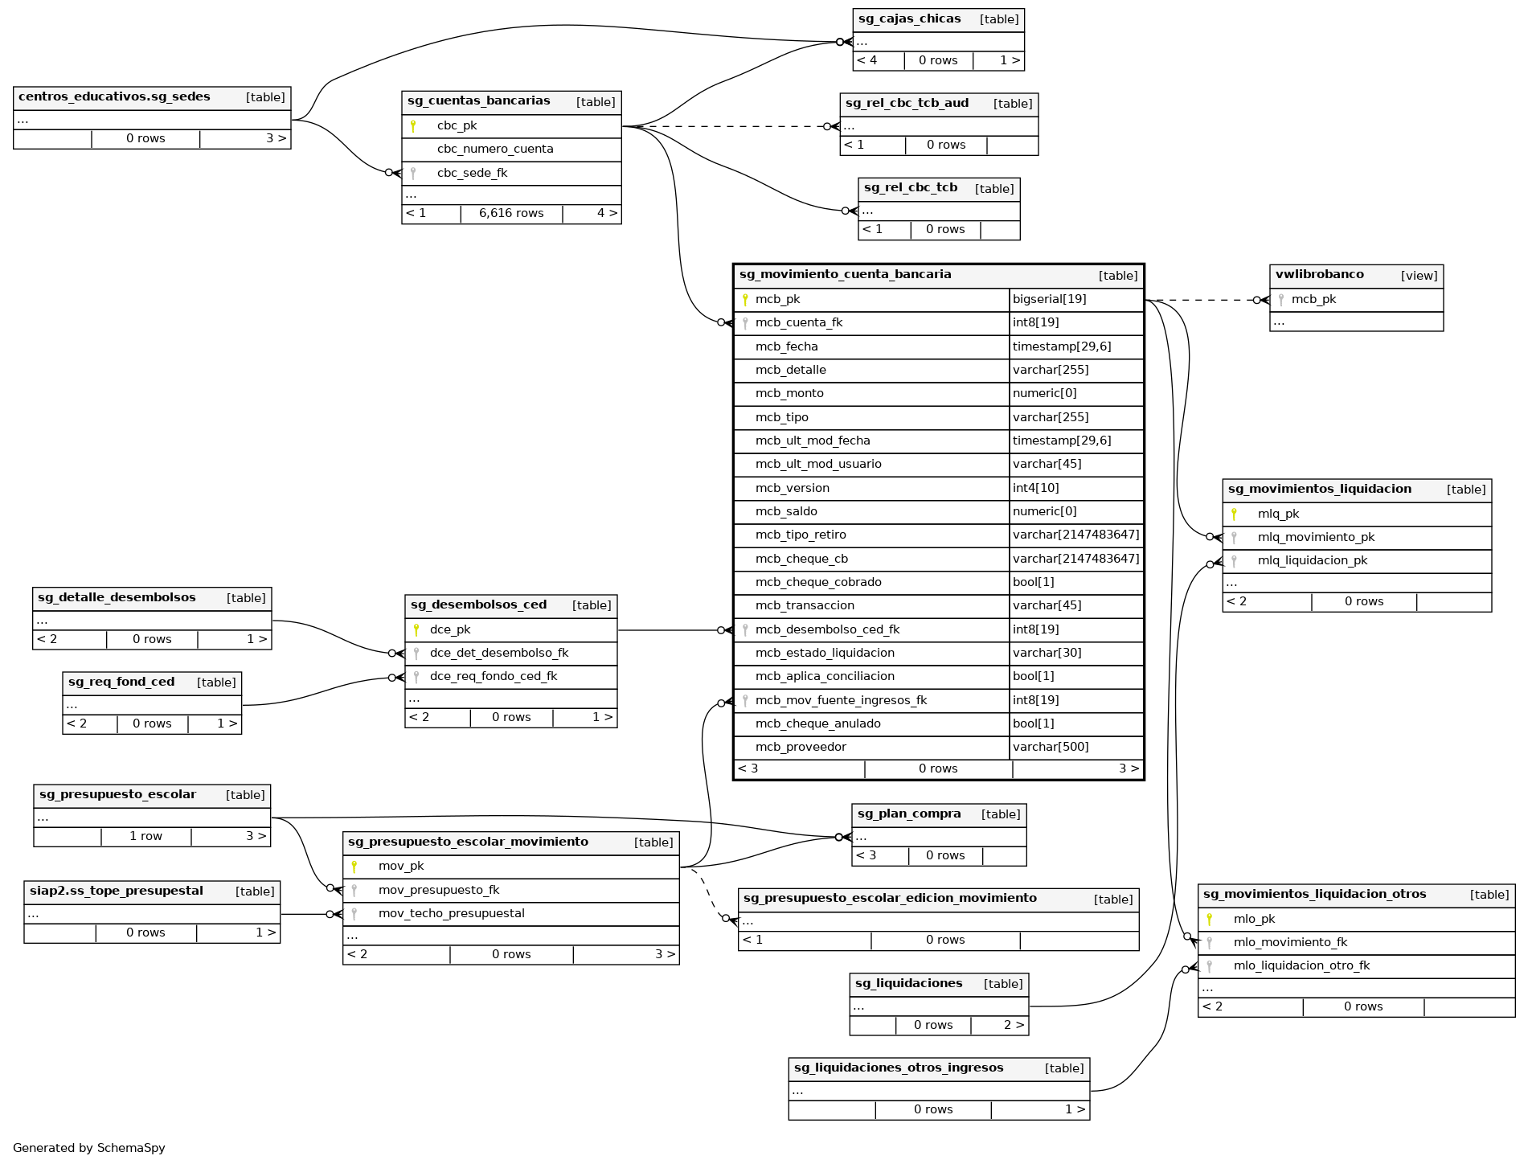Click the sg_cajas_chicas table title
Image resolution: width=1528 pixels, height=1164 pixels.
pyautogui.click(x=909, y=19)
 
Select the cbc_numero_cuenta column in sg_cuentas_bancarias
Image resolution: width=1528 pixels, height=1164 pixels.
pyautogui.click(x=495, y=149)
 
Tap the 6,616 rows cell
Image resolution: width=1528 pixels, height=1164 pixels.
pyautogui.click(x=511, y=213)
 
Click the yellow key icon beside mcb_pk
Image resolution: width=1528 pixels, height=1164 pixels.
pyautogui.click(x=745, y=299)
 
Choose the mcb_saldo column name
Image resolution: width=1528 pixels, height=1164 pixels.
pyautogui.click(x=786, y=511)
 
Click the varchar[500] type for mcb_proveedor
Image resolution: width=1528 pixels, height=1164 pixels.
pyautogui.click(x=1051, y=747)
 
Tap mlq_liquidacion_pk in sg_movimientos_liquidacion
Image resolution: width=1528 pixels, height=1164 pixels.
pyautogui.click(x=1312, y=560)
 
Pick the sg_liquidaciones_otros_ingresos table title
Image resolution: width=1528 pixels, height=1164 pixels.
pyautogui.click(x=899, y=1068)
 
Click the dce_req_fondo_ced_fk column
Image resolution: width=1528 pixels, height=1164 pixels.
pyautogui.click(x=493, y=676)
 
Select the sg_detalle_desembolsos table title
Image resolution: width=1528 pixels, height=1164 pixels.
pyautogui.click(x=117, y=597)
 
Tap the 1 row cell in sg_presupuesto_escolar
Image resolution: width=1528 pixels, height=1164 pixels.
pyautogui.click(x=145, y=836)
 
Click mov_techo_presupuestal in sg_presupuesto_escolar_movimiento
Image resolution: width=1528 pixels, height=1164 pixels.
pyautogui.click(x=451, y=913)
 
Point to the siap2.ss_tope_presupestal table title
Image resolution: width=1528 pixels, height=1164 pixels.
pyautogui.click(x=117, y=891)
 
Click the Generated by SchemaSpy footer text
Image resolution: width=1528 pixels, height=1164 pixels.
pyautogui.click(x=89, y=1148)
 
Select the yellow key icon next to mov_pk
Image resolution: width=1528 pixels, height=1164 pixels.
pyautogui.click(x=354, y=866)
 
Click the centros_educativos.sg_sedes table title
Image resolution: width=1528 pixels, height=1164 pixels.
pyautogui.click(x=114, y=96)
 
